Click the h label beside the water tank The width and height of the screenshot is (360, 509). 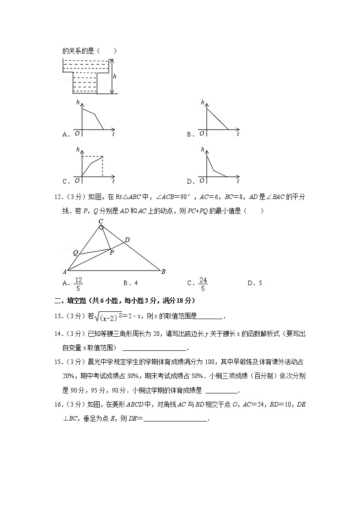115,77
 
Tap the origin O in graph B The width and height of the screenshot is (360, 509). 202,133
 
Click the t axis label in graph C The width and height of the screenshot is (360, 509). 113,181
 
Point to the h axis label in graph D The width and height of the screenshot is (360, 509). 202,150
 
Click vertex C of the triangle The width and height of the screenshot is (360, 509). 101,221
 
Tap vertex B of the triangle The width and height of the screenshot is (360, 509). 163,271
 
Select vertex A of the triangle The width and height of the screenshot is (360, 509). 64,271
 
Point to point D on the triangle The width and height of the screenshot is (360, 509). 127,239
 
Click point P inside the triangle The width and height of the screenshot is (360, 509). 111,252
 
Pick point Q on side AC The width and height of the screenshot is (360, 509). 75,252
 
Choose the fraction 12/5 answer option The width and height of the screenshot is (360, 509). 78,283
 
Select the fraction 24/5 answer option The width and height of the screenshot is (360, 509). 203,283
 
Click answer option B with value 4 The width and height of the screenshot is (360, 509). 130,283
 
